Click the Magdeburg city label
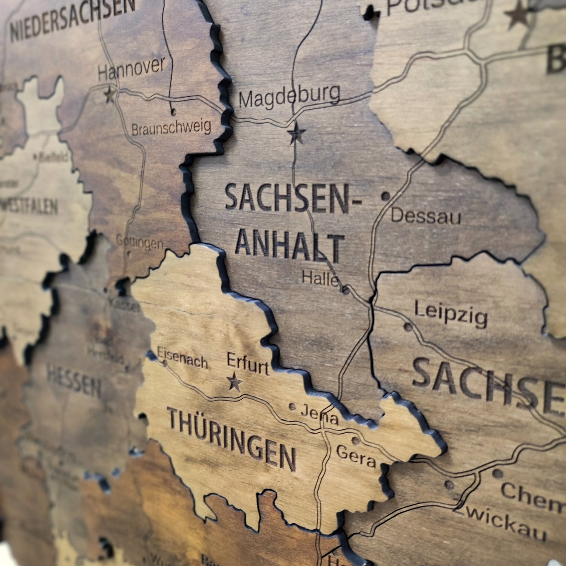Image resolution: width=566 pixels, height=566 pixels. click(289, 96)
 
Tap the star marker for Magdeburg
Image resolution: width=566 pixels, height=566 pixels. click(296, 134)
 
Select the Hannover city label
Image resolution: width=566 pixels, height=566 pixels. click(131, 69)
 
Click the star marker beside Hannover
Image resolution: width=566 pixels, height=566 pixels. click(110, 95)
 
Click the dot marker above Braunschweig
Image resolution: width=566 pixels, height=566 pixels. click(173, 112)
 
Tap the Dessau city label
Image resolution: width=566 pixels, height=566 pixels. click(426, 216)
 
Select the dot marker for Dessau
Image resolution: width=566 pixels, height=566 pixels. click(385, 196)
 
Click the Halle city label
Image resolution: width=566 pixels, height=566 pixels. click(320, 278)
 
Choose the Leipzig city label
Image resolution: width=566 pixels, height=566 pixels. click(451, 314)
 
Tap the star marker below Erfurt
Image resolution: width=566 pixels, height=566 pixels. click(234, 382)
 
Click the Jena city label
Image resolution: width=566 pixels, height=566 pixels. click(319, 414)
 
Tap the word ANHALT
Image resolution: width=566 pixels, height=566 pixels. click(289, 245)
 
